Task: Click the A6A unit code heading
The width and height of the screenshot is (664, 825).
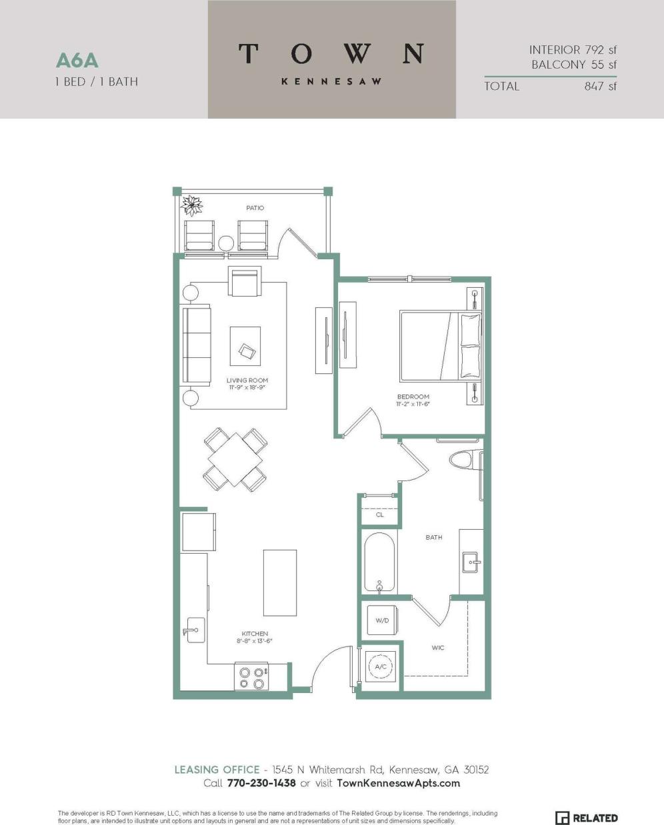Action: click(77, 61)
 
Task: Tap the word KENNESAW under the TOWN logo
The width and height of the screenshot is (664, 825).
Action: click(331, 81)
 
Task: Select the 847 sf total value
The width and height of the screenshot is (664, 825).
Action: click(601, 86)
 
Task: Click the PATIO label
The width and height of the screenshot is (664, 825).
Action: click(255, 208)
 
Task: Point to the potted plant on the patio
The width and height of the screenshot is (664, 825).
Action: click(193, 205)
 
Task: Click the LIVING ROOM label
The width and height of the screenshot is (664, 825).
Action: click(247, 381)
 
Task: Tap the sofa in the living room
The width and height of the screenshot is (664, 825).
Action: click(197, 345)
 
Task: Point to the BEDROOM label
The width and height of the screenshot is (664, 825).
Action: click(413, 397)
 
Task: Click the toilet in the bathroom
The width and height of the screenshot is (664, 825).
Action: click(464, 460)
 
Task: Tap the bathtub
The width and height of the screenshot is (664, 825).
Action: click(379, 562)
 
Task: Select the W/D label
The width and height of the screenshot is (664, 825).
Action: click(382, 620)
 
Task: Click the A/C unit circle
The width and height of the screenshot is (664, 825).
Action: click(381, 666)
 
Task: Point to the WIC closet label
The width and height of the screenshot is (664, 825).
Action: click(438, 648)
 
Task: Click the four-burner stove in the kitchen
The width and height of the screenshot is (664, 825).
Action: click(251, 677)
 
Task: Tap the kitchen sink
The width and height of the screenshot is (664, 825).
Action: click(195, 630)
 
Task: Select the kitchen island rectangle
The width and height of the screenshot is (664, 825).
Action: click(279, 582)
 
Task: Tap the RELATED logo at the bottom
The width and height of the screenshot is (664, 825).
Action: click(587, 818)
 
